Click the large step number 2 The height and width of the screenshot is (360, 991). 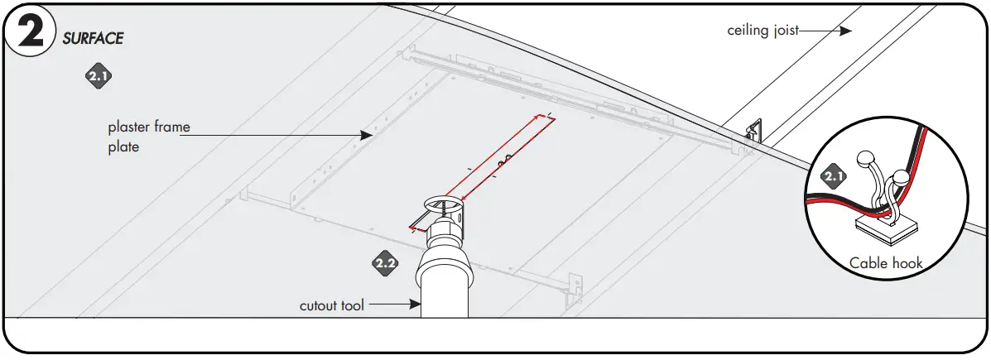pos(30,32)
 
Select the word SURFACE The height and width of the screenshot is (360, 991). pos(93,39)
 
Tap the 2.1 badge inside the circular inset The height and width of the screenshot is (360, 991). pos(833,175)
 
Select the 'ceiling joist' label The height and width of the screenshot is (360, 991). pos(762,31)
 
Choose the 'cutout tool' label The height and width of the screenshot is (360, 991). pos(331,305)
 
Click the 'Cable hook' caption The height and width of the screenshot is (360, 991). pos(886,263)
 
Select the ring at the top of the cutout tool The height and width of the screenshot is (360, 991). pos(445,203)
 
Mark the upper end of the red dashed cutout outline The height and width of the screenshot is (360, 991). pos(550,118)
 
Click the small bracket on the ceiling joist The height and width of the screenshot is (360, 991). pos(754,132)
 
